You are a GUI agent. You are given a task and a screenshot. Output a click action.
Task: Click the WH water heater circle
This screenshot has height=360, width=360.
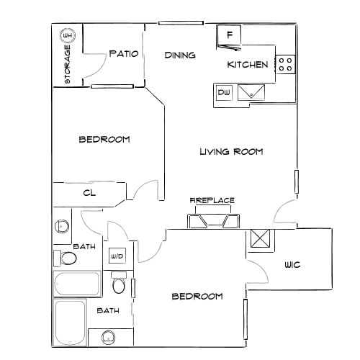click(x=68, y=36)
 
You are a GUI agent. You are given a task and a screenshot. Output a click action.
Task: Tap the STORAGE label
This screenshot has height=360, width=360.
click(x=68, y=64)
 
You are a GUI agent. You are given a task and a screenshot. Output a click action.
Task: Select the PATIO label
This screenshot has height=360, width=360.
click(x=124, y=53)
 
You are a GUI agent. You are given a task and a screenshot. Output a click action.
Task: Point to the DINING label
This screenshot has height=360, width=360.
click(x=180, y=55)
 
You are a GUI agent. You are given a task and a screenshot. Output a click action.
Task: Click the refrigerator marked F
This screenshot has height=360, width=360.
click(x=229, y=37)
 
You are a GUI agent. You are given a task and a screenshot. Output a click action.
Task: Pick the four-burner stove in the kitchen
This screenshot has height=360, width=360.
click(x=285, y=65)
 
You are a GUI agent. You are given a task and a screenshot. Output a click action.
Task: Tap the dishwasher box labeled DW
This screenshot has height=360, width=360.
click(x=224, y=92)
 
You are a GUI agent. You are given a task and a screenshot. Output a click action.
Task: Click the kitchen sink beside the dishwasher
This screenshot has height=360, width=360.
click(x=251, y=92)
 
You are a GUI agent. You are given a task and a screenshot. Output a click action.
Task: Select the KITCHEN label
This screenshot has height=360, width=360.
click(x=248, y=65)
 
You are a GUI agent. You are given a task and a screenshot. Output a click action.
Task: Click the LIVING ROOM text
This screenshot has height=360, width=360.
click(x=231, y=152)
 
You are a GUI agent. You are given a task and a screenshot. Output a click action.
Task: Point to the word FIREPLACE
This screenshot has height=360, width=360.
click(x=212, y=200)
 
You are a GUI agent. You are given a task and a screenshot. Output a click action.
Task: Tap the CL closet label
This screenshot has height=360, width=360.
click(x=89, y=193)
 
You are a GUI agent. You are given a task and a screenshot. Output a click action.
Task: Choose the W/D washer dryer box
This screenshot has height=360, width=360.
click(x=117, y=256)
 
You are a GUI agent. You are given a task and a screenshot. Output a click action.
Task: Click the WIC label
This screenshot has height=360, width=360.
click(x=292, y=265)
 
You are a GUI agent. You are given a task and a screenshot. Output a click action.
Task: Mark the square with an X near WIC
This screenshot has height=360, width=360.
click(x=260, y=238)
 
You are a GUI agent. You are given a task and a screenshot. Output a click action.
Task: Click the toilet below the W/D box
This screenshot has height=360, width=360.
click(x=119, y=282)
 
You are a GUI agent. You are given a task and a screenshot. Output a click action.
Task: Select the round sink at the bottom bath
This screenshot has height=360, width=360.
click(x=109, y=338)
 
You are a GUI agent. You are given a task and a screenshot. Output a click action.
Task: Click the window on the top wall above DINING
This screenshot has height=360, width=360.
click(x=181, y=23)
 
